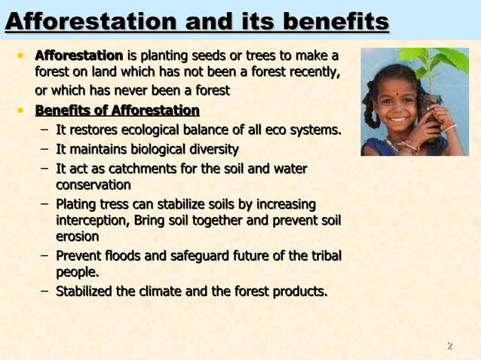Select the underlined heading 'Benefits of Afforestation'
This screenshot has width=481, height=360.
tap(117, 112)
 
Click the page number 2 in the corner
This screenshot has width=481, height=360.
tap(450, 346)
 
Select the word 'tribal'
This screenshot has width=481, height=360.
tap(322, 256)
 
